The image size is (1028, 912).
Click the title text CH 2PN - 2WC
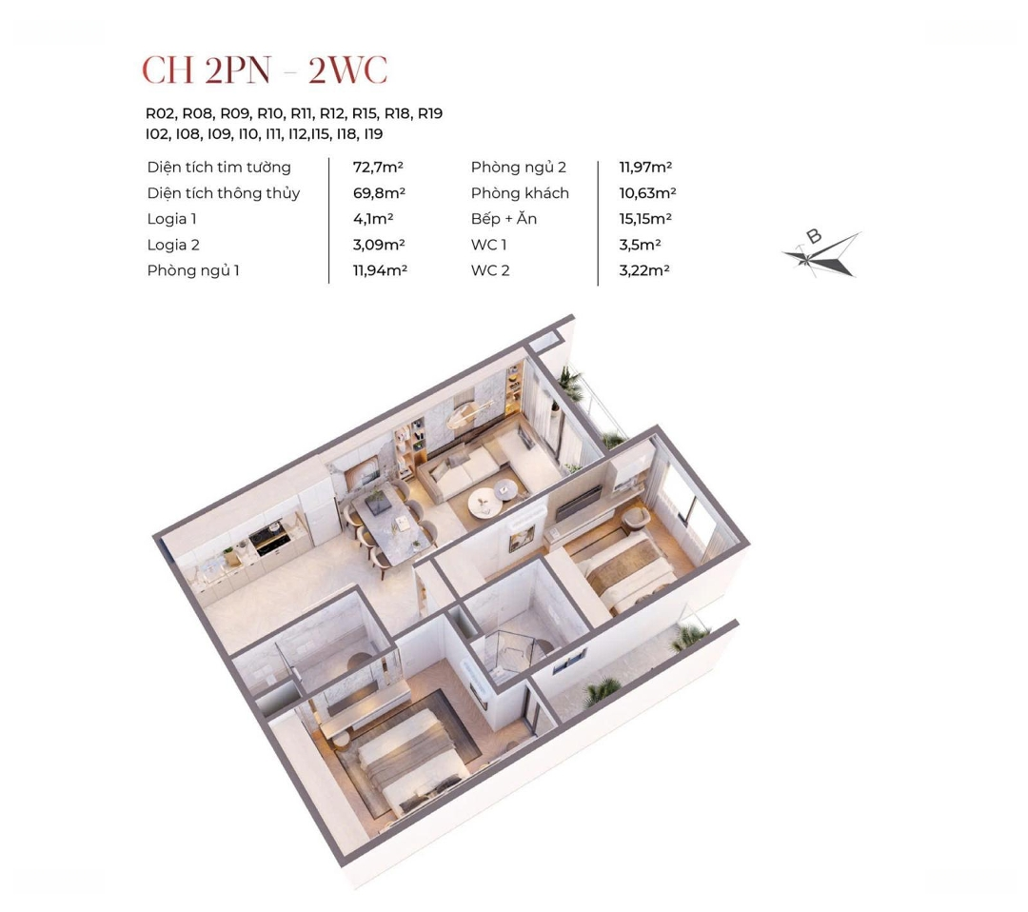(265, 69)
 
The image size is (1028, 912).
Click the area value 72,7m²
(378, 168)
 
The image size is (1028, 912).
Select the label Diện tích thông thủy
(224, 193)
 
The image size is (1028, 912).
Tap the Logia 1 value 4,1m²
(373, 219)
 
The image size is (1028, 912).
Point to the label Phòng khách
(520, 193)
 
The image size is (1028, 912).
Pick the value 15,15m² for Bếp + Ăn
(645, 219)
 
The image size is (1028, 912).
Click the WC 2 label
(490, 270)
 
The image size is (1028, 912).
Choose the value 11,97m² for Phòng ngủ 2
(645, 168)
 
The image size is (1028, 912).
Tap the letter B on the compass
(814, 237)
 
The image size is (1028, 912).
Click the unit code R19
(430, 113)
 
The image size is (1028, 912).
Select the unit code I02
(157, 134)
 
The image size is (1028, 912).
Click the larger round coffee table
(485, 504)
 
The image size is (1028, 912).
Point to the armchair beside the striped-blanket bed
(635, 519)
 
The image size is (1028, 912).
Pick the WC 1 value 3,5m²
(640, 246)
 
